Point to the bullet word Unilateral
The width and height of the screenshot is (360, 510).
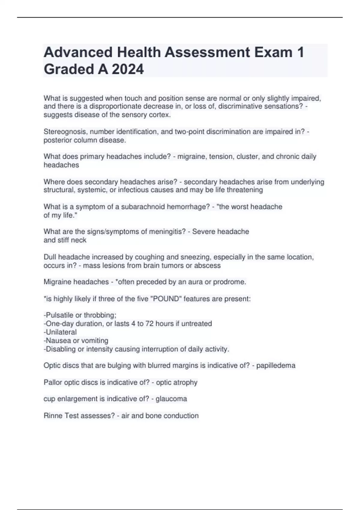61,332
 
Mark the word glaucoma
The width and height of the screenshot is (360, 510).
171,399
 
